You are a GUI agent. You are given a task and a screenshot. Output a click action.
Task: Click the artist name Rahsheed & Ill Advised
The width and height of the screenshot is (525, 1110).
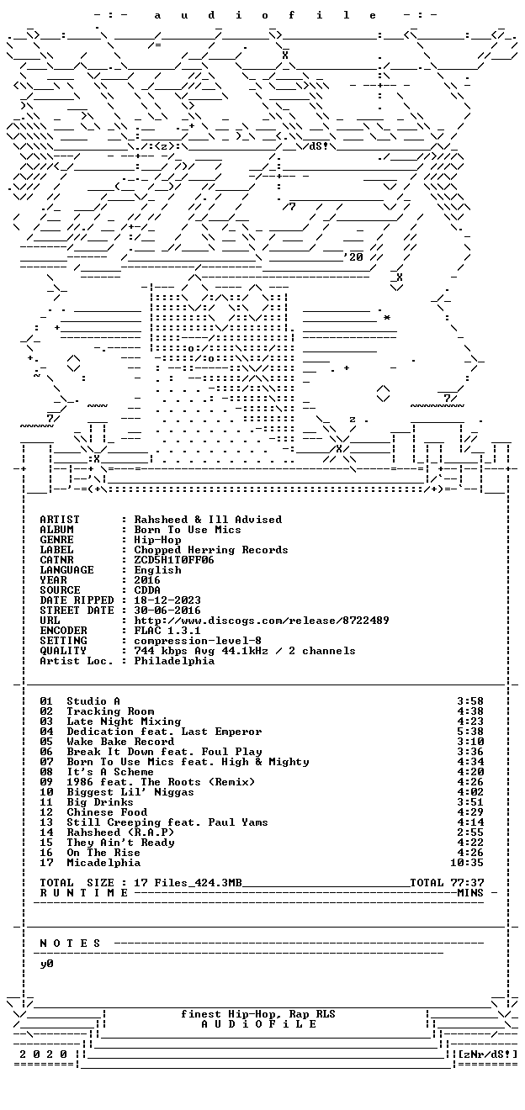click(208, 520)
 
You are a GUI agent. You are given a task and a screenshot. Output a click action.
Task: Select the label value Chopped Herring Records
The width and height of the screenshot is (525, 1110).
click(210, 550)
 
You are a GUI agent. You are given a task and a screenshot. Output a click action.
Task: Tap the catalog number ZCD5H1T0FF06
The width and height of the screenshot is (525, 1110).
click(174, 560)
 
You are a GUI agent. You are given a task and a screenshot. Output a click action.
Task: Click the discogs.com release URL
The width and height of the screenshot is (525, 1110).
click(262, 621)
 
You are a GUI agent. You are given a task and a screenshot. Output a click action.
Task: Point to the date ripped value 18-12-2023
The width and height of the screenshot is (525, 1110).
click(167, 600)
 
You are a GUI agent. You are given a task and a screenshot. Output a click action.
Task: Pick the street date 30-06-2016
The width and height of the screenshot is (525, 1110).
click(167, 610)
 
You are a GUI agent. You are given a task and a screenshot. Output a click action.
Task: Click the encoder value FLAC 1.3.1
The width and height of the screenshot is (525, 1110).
click(167, 631)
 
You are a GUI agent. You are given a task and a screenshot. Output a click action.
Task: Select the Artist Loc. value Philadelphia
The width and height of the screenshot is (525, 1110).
click(174, 661)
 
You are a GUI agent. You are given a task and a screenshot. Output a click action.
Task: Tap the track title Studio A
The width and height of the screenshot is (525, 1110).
click(93, 701)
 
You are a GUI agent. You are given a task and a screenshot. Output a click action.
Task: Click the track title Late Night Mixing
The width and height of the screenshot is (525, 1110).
click(124, 721)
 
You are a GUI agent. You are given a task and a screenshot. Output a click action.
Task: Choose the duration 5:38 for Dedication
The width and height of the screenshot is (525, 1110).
click(470, 732)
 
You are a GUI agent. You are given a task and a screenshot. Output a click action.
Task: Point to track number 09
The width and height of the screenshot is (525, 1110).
click(46, 782)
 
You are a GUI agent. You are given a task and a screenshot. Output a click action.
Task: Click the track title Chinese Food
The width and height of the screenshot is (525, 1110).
click(107, 812)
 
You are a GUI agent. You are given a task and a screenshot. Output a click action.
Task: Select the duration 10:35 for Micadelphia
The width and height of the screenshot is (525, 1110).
click(466, 863)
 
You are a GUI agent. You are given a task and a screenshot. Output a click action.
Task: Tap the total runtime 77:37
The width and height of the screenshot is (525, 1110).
click(466, 883)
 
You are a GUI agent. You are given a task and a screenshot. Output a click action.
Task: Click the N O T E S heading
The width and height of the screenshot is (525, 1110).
click(70, 943)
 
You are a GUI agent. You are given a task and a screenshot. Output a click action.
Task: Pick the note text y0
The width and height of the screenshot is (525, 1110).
click(46, 964)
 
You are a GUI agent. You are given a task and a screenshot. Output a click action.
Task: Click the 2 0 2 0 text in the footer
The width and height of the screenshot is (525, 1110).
click(43, 1054)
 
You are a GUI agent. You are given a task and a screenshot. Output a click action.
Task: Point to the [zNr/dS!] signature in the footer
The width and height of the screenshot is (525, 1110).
click(488, 1054)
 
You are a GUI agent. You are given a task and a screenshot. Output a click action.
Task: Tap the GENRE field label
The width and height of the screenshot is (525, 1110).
click(56, 540)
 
